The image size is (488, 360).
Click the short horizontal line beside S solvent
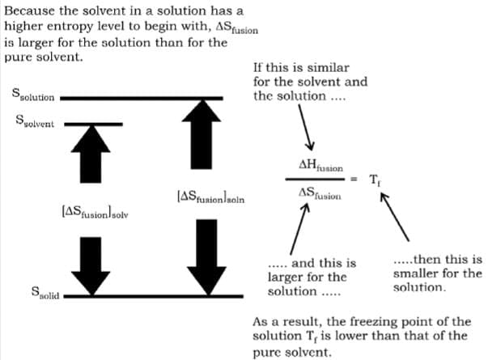[93, 124]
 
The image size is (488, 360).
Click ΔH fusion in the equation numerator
[318, 166]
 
